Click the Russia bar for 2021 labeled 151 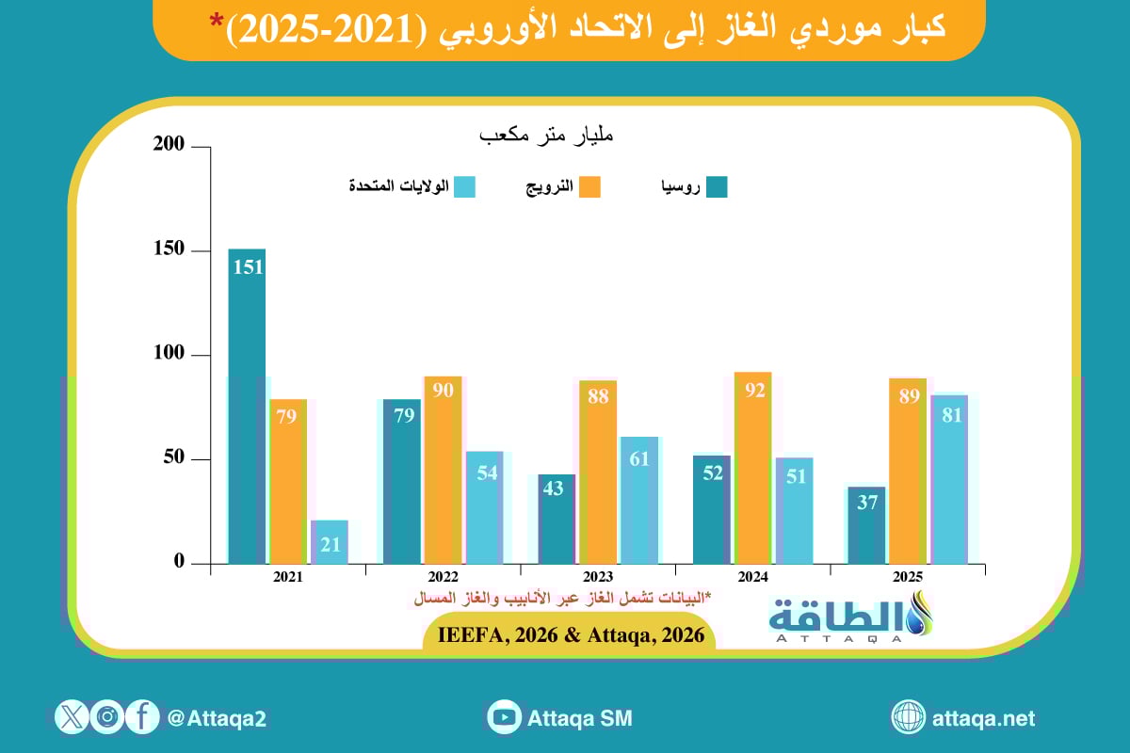[x=247, y=406]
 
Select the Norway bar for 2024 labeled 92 [x=753, y=468]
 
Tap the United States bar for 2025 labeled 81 [x=949, y=479]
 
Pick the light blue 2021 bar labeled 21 [x=330, y=542]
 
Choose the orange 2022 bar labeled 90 [x=443, y=470]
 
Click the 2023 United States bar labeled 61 [x=639, y=500]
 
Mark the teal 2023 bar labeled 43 [x=557, y=519]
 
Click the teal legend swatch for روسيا [x=718, y=187]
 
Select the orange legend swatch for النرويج [x=589, y=187]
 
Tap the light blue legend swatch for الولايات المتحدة [x=464, y=187]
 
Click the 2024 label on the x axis [x=753, y=577]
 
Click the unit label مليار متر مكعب [x=546, y=136]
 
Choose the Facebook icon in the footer [x=142, y=717]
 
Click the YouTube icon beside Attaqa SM [x=505, y=717]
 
